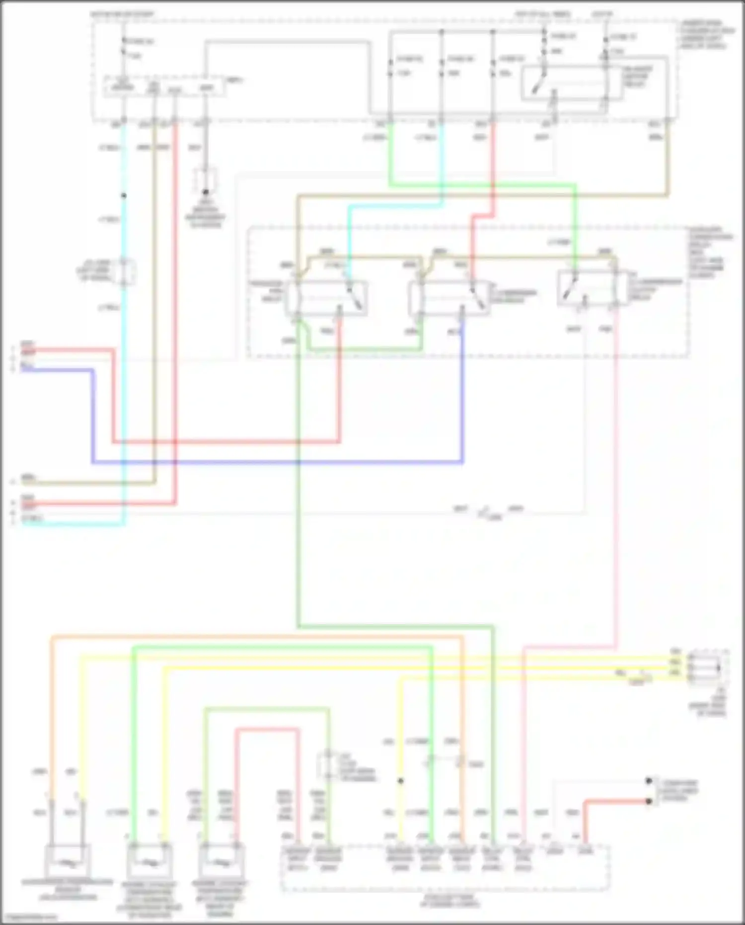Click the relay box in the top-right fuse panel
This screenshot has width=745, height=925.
[x=571, y=83]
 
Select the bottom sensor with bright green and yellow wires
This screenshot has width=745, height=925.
[x=149, y=861]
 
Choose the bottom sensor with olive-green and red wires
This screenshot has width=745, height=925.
[x=221, y=861]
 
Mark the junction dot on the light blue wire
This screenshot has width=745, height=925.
[x=124, y=196]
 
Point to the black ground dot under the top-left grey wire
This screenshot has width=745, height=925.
[x=206, y=192]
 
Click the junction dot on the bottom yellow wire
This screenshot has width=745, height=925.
[x=400, y=781]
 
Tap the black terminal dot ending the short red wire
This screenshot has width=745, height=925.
[x=648, y=801]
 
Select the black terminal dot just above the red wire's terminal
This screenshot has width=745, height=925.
[x=648, y=781]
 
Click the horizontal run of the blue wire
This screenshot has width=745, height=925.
[x=278, y=462]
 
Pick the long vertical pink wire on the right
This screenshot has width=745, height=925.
[x=616, y=477]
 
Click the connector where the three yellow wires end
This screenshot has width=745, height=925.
[x=705, y=668]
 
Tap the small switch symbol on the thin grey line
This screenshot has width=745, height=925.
[x=486, y=512]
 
